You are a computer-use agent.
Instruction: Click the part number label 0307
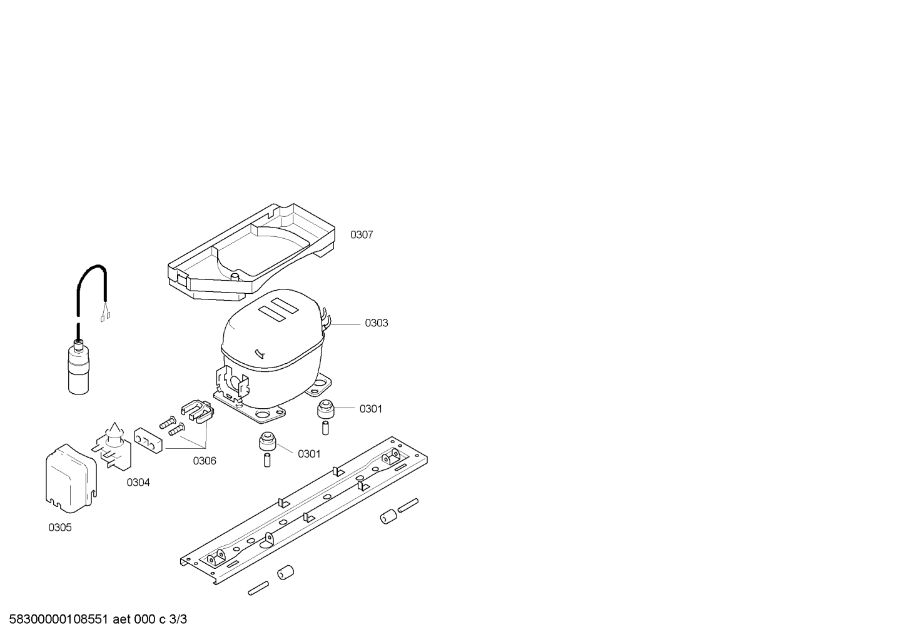pos(362,234)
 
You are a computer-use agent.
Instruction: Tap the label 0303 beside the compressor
pos(377,323)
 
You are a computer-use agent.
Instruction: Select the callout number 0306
pos(205,461)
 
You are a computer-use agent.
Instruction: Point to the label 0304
pos(138,483)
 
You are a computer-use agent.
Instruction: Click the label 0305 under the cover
pos(60,528)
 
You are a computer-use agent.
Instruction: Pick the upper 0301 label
pos(371,409)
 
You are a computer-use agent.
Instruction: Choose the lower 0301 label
pos(309,454)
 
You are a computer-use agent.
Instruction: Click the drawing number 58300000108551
pos(59,619)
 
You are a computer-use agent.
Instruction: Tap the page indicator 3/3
pos(178,619)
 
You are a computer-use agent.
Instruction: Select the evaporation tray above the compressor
pos(251,251)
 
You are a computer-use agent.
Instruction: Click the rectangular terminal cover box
pos(71,478)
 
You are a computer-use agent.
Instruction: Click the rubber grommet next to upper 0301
pos(326,409)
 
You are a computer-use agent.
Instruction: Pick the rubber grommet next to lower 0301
pos(267,441)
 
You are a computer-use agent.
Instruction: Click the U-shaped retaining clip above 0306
pos(197,412)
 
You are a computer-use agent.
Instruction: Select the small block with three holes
pos(148,440)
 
